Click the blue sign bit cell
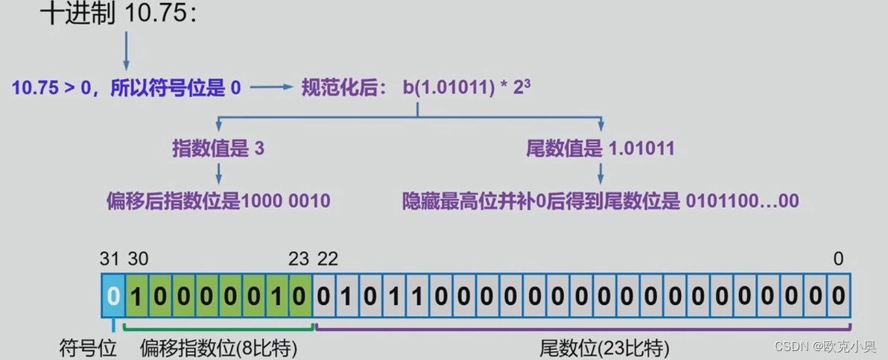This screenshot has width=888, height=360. pyautogui.click(x=112, y=296)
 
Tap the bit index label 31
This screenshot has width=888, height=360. pyautogui.click(x=110, y=259)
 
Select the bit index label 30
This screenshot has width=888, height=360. pyautogui.click(x=138, y=259)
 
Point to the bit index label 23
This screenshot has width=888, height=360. pyautogui.click(x=299, y=259)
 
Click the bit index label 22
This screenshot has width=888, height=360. pyautogui.click(x=328, y=259)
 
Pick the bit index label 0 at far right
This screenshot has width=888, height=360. pyautogui.click(x=838, y=259)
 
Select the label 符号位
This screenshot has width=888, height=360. pyautogui.click(x=88, y=348)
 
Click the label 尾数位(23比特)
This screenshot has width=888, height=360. pyautogui.click(x=604, y=348)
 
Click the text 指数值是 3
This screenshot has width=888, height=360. pyautogui.click(x=218, y=148)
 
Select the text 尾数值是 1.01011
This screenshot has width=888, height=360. pyautogui.click(x=600, y=148)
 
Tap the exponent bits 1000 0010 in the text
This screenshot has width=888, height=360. pyautogui.click(x=286, y=200)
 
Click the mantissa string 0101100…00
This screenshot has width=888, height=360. pyautogui.click(x=742, y=200)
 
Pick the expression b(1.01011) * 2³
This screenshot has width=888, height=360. pyautogui.click(x=466, y=88)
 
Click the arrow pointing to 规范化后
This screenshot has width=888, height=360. pyautogui.click(x=272, y=88)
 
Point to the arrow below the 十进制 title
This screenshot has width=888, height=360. pyautogui.click(x=125, y=52)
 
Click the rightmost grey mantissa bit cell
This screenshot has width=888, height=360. pyautogui.click(x=838, y=296)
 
